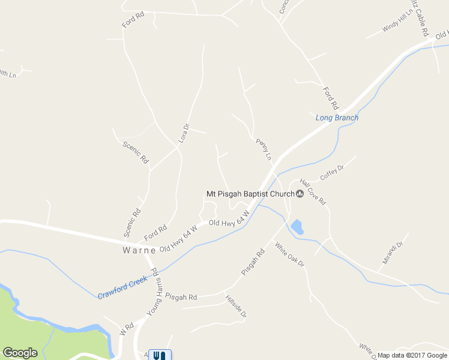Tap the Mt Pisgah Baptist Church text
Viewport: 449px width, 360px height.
pyautogui.click(x=250, y=194)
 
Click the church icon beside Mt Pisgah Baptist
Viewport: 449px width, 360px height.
pyautogui.click(x=300, y=193)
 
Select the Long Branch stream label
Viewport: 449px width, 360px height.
pyautogui.click(x=337, y=118)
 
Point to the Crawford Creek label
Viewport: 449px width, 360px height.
pyautogui.click(x=122, y=287)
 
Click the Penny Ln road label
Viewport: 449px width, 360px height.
pyautogui.click(x=264, y=149)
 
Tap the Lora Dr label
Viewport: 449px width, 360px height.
pyautogui.click(x=184, y=133)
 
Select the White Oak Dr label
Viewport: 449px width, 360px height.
pyautogui.click(x=290, y=254)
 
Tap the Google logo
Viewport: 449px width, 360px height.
pyautogui.click(x=20, y=353)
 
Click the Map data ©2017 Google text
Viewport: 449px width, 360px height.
pyautogui.click(x=412, y=355)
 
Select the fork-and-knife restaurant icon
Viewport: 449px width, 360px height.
pyautogui.click(x=159, y=355)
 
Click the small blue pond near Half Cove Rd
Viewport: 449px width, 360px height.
pyautogui.click(x=296, y=227)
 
